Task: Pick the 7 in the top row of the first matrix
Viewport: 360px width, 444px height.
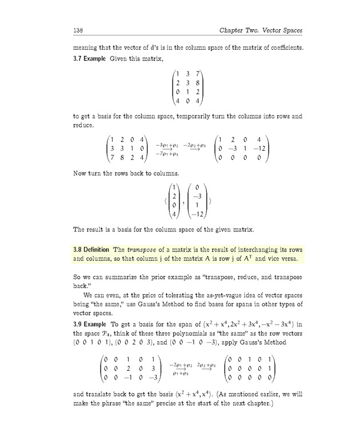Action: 197,73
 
